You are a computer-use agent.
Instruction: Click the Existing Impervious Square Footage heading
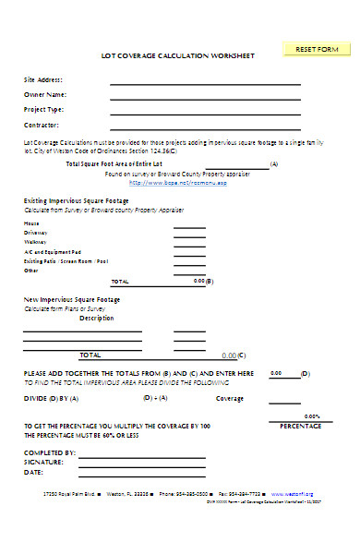tap(76, 199)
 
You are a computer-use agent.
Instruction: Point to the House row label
tap(31, 223)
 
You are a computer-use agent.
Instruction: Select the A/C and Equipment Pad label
tap(53, 251)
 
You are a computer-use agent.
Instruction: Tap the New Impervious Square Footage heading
tap(71, 299)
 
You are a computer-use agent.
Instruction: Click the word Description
tap(97, 318)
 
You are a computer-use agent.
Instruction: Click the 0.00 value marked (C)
tap(229, 355)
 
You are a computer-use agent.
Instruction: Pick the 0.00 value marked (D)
tap(276, 373)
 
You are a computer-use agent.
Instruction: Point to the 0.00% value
tap(312, 416)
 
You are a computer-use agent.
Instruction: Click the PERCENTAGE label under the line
tap(301, 427)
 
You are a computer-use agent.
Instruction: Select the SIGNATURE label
tap(42, 461)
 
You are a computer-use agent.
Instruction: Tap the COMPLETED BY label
tap(49, 452)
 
